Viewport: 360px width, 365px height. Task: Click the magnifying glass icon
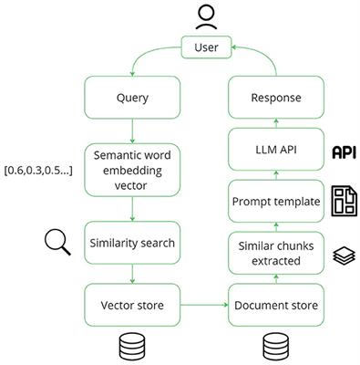coord(58,243)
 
